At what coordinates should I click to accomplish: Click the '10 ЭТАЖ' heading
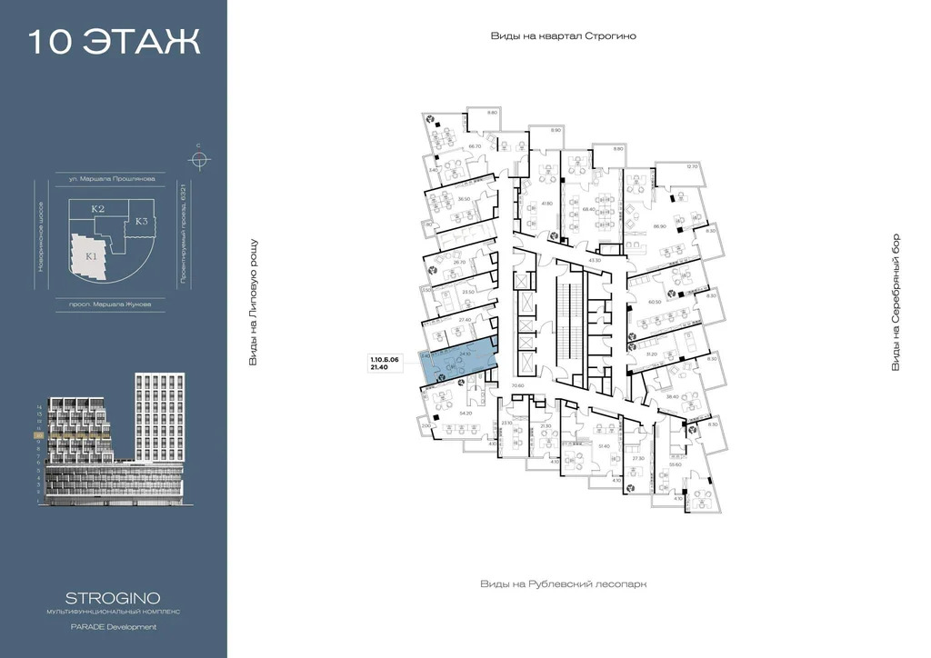(x=115, y=43)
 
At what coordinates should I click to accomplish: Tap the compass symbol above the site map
(x=198, y=160)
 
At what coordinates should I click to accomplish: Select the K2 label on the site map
(x=98, y=209)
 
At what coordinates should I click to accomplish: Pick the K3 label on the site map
(x=141, y=221)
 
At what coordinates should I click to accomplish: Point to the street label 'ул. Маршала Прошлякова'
(x=105, y=179)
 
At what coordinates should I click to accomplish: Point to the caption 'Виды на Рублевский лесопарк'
(x=563, y=584)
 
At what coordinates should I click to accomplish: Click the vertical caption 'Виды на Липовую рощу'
(x=254, y=303)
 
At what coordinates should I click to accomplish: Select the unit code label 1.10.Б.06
(x=384, y=361)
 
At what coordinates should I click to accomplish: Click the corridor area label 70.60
(x=518, y=386)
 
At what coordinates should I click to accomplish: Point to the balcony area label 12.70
(x=693, y=166)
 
